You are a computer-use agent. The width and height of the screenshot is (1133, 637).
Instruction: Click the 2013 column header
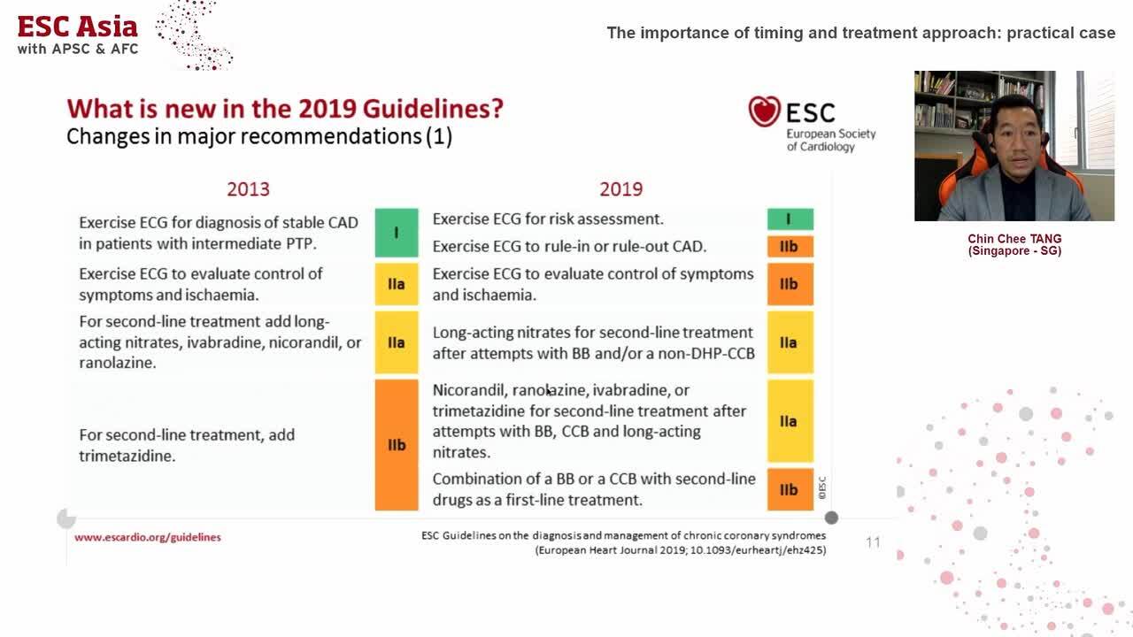pyautogui.click(x=248, y=189)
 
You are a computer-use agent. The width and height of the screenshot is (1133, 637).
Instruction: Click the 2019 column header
pyautogui.click(x=620, y=189)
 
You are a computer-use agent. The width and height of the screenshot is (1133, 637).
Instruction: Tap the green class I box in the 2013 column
pyautogui.click(x=396, y=232)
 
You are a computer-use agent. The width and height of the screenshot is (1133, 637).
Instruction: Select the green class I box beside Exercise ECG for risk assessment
pyautogui.click(x=790, y=219)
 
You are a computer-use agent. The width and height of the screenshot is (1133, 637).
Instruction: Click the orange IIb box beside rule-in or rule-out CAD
pyautogui.click(x=790, y=246)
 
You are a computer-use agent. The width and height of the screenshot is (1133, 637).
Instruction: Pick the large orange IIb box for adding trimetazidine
pyautogui.click(x=396, y=445)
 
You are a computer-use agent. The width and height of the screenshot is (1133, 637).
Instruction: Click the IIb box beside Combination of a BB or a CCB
pyautogui.click(x=790, y=489)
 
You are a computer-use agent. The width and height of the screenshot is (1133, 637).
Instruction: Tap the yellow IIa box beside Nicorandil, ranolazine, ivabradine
pyautogui.click(x=790, y=421)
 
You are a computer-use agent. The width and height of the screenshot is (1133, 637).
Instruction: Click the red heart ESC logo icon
pyautogui.click(x=764, y=111)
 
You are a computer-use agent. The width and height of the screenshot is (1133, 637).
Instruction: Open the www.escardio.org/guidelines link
pyautogui.click(x=148, y=537)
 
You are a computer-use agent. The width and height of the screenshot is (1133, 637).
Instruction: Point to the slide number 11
pyautogui.click(x=873, y=542)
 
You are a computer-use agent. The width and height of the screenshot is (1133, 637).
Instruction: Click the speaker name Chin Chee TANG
pyautogui.click(x=1014, y=239)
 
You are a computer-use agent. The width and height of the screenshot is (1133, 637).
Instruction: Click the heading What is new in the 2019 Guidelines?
pyautogui.click(x=285, y=109)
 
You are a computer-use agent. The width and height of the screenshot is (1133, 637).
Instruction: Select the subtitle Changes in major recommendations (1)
pyautogui.click(x=259, y=136)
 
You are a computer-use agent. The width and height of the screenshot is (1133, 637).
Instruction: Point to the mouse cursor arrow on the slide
pyautogui.click(x=549, y=391)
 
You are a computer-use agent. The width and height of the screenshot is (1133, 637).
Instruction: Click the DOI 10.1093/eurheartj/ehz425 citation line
pyautogui.click(x=680, y=550)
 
